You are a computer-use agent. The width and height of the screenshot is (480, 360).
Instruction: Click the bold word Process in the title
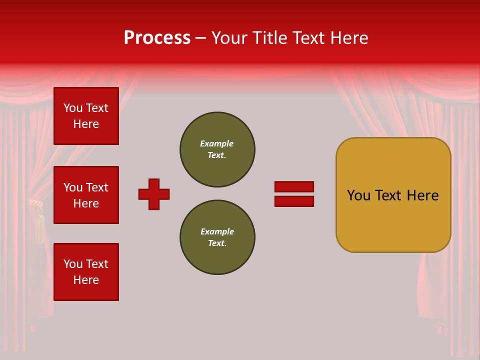click(157, 38)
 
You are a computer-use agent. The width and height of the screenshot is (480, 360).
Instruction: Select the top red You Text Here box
click(86, 116)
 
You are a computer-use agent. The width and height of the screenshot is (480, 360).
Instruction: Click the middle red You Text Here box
click(86, 195)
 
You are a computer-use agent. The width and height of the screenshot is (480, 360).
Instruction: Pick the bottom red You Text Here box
click(86, 272)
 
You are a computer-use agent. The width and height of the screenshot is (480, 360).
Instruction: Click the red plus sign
click(154, 194)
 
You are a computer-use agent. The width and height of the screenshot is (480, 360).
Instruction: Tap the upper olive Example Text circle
click(217, 149)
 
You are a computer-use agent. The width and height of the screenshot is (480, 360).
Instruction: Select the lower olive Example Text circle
click(217, 237)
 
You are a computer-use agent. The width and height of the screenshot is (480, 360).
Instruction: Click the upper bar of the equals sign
click(294, 186)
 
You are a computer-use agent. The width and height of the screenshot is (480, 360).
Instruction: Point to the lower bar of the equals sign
click(294, 201)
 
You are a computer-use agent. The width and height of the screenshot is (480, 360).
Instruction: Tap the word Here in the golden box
click(422, 195)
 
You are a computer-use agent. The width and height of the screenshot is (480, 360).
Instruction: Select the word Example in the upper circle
click(216, 143)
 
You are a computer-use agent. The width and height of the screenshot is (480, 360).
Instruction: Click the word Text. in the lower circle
click(217, 243)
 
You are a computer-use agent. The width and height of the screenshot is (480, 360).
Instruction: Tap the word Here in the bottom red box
click(86, 280)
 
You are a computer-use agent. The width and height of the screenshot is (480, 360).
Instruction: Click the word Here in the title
click(350, 38)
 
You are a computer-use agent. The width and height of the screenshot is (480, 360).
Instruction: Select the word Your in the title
click(229, 38)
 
